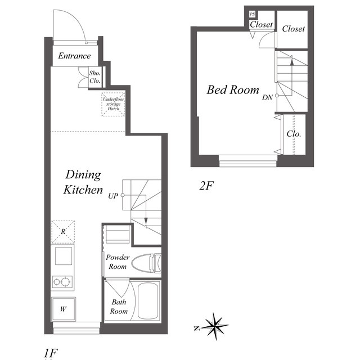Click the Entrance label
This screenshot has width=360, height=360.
[74, 56]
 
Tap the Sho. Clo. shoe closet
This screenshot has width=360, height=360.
[95, 77]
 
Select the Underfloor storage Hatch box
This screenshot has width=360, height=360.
[113, 104]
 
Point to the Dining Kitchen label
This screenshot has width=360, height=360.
[83, 182]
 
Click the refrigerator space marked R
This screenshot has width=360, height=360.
[63, 232]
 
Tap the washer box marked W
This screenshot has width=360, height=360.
[64, 309]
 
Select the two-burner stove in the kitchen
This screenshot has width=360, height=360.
[62, 281]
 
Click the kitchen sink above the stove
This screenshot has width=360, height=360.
[64, 256]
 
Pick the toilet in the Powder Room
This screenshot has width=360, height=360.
[147, 263]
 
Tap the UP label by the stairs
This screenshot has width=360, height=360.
[113, 196]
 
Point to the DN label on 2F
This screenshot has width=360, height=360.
[267, 97]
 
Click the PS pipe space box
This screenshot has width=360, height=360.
[252, 14]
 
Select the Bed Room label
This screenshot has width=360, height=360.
[232, 89]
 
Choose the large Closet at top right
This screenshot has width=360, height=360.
[292, 29]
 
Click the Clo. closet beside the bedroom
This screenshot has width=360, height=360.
[294, 134]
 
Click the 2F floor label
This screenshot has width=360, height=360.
[206, 186]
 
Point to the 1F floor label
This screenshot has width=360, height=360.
[51, 353]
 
